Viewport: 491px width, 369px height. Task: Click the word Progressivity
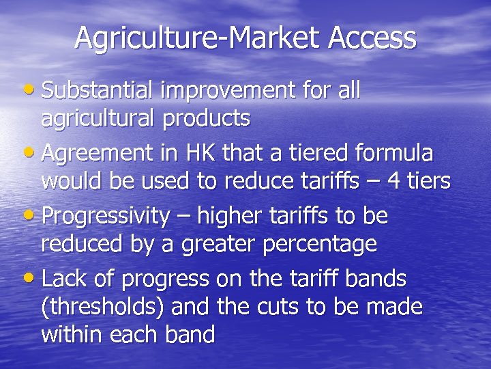[105, 217]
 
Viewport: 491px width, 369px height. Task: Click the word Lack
[65, 279]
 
